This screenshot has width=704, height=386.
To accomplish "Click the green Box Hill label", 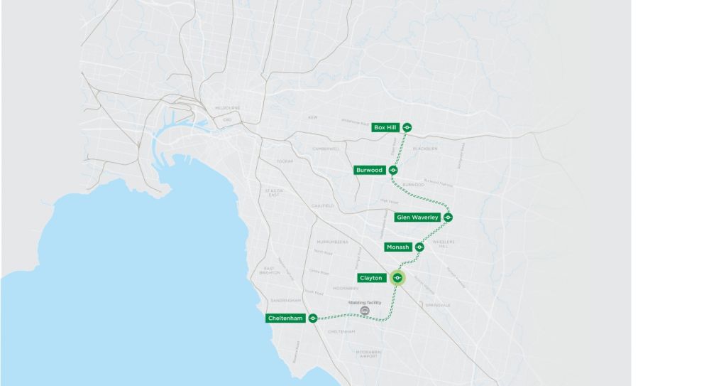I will point(385,127).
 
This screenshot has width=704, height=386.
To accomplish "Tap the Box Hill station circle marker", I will point(407,127).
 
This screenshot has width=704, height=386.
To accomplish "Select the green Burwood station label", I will point(369,170).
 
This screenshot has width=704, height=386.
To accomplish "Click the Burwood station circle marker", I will point(393,170).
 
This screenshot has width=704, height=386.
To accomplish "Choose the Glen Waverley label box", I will point(418,217).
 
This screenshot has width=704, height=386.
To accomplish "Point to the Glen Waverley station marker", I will point(448,217).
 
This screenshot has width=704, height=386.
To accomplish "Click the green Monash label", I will point(397,247).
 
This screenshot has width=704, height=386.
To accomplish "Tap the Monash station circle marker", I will point(419,247).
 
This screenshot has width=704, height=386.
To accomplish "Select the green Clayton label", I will point(371,278).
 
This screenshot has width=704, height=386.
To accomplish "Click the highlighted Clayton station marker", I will point(397,278).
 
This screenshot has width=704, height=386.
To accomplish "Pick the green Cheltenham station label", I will point(286,318).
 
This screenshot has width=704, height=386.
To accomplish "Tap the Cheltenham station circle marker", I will point(312,318).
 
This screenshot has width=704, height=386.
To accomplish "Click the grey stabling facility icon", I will point(365,311).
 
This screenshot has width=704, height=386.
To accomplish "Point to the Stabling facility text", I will point(364,302).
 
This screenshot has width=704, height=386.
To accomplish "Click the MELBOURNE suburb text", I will point(228,108).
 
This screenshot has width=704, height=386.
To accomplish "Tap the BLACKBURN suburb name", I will point(425,149).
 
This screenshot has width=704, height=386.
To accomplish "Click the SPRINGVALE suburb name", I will point(437,305).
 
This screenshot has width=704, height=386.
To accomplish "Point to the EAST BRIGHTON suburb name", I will point(270,271).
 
